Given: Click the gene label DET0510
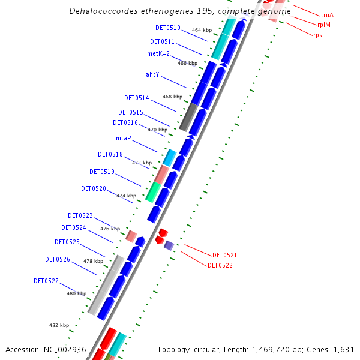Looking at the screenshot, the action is (167, 28).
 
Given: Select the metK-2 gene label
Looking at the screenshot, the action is (158, 53).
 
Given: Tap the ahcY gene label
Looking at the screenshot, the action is (152, 75).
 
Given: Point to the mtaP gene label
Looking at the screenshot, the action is (124, 138).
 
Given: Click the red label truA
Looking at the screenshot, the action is (327, 15).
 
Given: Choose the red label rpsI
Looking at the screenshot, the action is (320, 35).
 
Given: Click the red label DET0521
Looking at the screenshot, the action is (225, 255).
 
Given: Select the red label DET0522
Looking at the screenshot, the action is (220, 265).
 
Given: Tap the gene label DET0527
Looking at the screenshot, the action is (46, 281).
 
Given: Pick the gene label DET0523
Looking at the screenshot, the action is (80, 215).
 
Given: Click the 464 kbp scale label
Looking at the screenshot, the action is (202, 30).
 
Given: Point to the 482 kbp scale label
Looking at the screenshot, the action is (59, 325).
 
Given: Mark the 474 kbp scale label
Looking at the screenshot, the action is (126, 196).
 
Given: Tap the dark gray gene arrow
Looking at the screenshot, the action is (188, 118).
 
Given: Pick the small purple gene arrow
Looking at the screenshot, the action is (169, 245).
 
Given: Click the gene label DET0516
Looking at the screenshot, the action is (125, 122).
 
